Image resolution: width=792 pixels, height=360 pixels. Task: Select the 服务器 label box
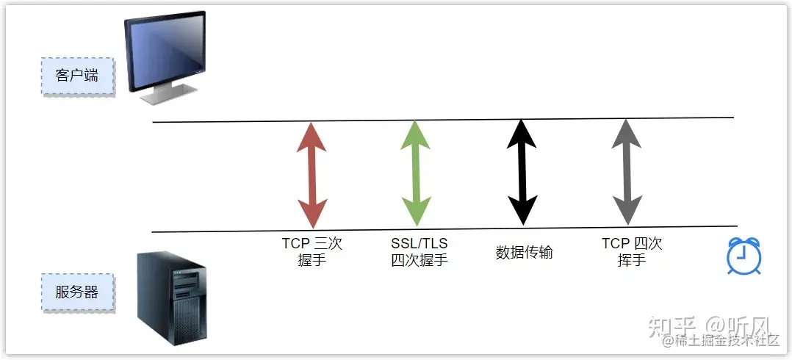pyautogui.click(x=77, y=292)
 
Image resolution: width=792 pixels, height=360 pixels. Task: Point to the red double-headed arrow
pyautogui.click(x=312, y=174)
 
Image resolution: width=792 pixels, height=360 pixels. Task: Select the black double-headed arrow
pyautogui.click(x=521, y=171)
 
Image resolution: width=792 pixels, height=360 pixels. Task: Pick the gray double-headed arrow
pyautogui.click(x=626, y=171)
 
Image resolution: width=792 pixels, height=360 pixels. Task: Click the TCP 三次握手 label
pyautogui.click(x=312, y=251)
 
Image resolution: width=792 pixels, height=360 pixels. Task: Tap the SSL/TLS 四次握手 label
pyautogui.click(x=419, y=251)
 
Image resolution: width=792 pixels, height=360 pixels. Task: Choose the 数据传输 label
pyautogui.click(x=524, y=253)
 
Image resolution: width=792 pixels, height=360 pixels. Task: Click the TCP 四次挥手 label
pyautogui.click(x=632, y=251)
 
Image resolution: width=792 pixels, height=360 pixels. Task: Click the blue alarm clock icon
pyautogui.click(x=744, y=256)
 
